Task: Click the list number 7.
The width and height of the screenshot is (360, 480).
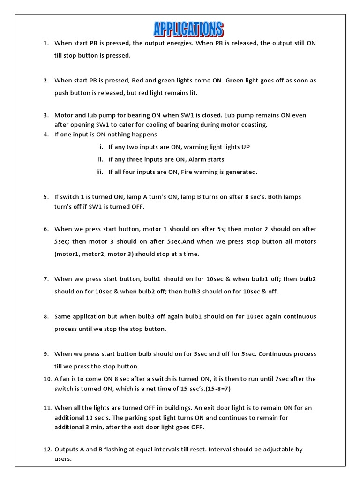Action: (46, 279)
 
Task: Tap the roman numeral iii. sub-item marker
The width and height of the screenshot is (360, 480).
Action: (99, 172)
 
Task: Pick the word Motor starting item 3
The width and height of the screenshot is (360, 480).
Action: (64, 115)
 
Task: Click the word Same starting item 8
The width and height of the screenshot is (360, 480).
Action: (63, 316)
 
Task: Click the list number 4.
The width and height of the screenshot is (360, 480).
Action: (46, 135)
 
